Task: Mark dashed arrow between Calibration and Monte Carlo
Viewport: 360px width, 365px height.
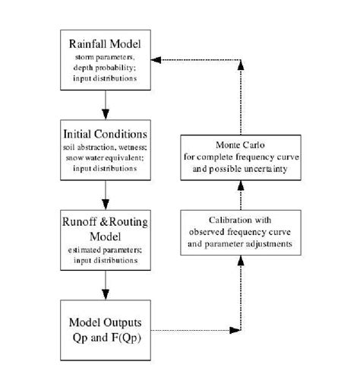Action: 240,196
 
